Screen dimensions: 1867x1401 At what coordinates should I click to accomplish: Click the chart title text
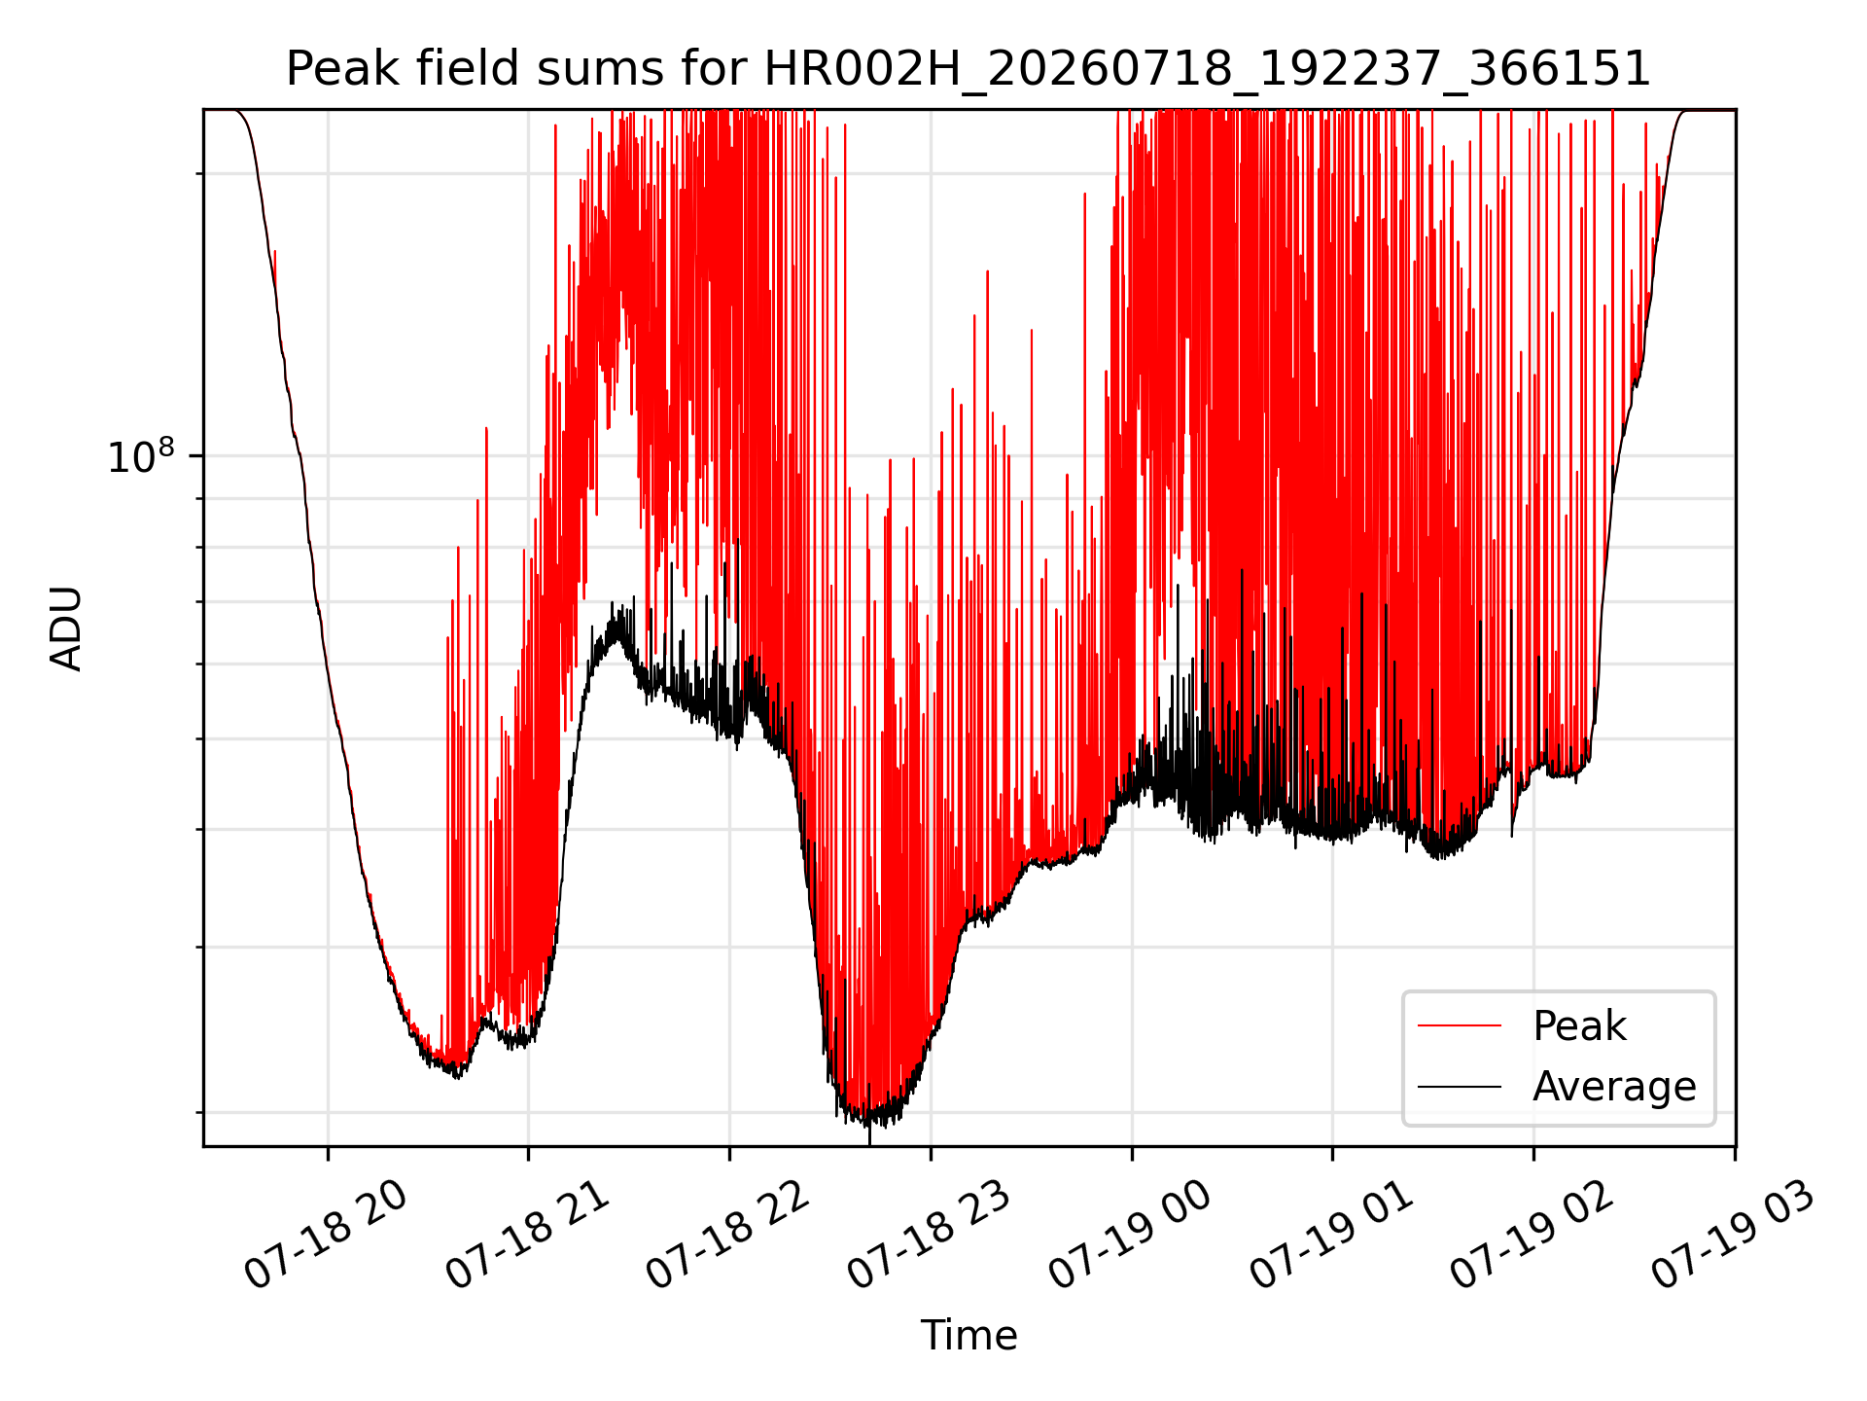click(x=969, y=69)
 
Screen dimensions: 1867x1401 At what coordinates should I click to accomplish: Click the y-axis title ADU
click(x=66, y=629)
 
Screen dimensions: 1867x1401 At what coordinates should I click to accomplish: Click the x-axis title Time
click(x=969, y=1335)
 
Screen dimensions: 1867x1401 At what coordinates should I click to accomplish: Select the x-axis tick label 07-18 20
click(x=326, y=1236)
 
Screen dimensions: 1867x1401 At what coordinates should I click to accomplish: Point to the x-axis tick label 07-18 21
click(x=527, y=1236)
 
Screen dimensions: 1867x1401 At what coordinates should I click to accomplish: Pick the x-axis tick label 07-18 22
click(x=727, y=1236)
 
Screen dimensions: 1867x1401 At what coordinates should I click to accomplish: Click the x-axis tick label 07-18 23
click(x=929, y=1236)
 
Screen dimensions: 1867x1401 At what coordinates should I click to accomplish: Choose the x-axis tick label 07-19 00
click(x=1130, y=1236)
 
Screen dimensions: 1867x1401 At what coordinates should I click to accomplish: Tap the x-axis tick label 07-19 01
click(x=1331, y=1236)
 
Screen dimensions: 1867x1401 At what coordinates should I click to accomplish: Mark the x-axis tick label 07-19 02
click(x=1532, y=1236)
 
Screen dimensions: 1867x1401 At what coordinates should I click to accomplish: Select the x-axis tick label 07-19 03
click(x=1734, y=1236)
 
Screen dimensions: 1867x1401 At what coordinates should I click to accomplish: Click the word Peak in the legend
click(x=1579, y=1026)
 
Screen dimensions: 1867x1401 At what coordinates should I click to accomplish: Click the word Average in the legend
click(x=1614, y=1087)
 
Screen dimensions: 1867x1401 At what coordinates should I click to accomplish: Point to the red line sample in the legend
click(x=1460, y=1025)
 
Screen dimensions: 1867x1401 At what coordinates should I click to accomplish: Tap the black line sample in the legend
click(x=1460, y=1086)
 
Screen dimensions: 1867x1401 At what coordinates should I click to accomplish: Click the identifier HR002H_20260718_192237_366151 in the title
click(x=1208, y=70)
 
